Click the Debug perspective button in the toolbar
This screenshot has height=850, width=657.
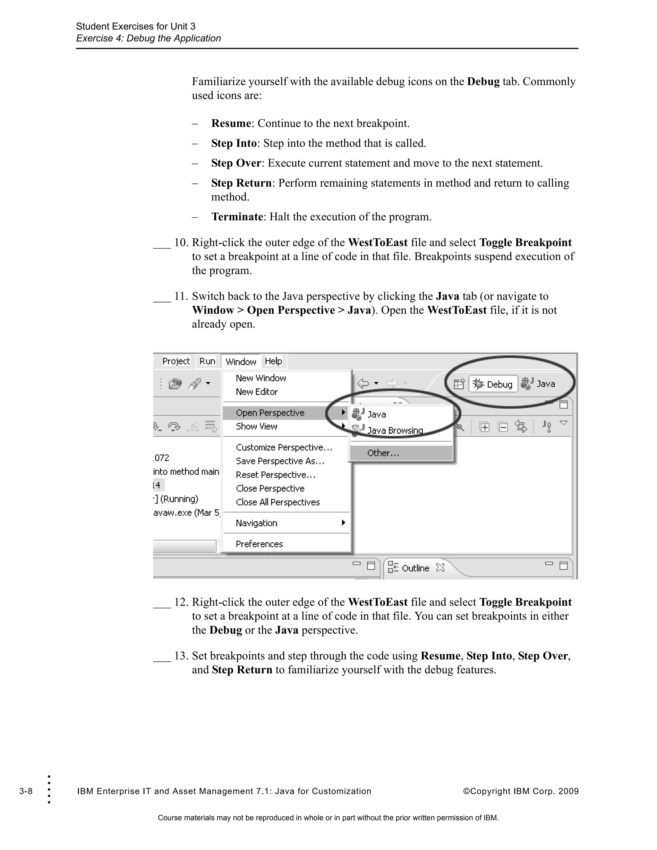point(493,384)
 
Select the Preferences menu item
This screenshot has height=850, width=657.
point(259,544)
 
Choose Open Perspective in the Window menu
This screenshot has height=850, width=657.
point(270,412)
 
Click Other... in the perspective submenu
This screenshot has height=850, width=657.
point(383,453)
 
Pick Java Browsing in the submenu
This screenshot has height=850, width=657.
point(395,430)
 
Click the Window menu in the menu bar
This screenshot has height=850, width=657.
point(241,361)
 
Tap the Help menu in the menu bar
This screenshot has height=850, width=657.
point(273,361)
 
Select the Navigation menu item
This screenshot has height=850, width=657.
point(257,523)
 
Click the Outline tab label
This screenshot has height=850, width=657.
point(415,568)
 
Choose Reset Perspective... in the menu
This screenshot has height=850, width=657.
point(276,475)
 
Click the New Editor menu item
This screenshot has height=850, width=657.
point(257,392)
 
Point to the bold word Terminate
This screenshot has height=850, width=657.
point(237,217)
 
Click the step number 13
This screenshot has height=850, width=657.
point(181,656)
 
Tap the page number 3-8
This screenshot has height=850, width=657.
point(26,791)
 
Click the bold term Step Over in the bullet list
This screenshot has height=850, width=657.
point(236,163)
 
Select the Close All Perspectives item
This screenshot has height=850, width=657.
point(278,502)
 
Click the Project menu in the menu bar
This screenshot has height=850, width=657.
point(176,361)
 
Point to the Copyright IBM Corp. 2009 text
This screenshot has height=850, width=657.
point(521,791)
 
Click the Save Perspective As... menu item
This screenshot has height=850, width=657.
point(280,461)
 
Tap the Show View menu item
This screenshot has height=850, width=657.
point(257,427)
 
